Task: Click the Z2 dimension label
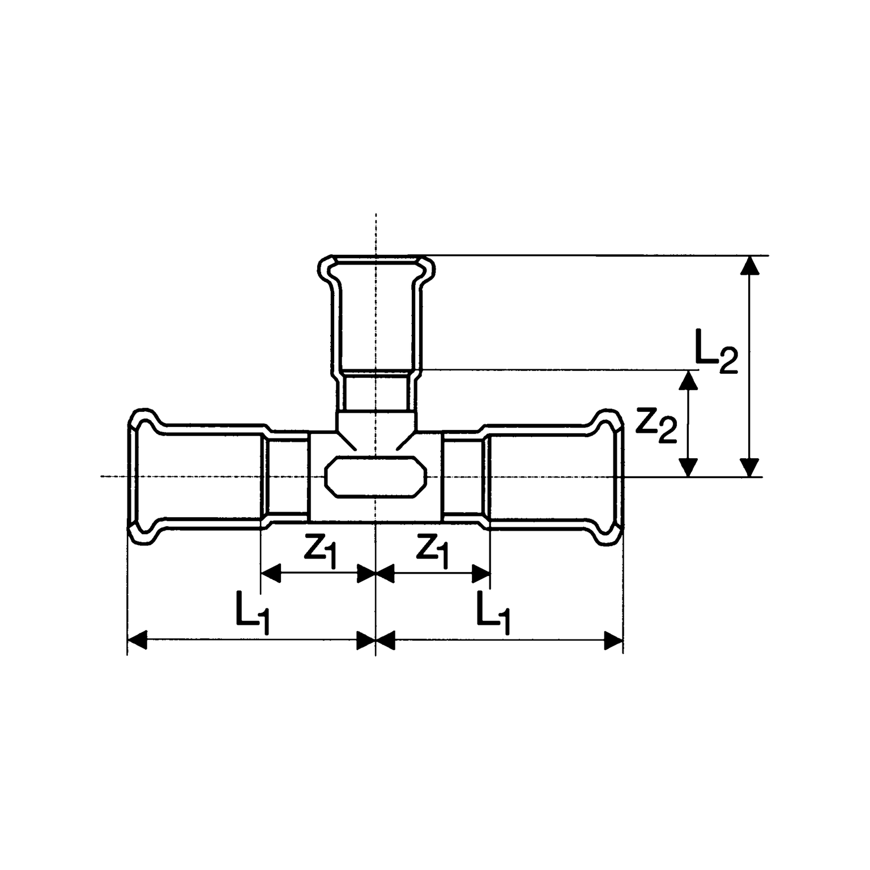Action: click(x=655, y=425)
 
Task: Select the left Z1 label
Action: click(x=321, y=552)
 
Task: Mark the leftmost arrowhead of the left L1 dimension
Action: click(x=136, y=641)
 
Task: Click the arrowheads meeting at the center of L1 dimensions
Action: click(x=376, y=641)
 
